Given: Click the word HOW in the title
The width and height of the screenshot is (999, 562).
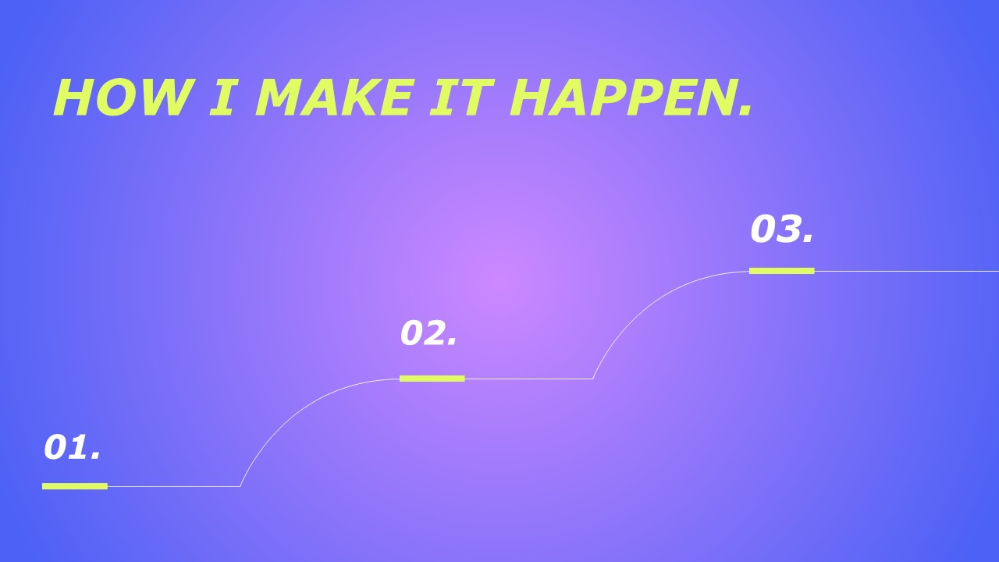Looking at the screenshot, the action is (x=121, y=98).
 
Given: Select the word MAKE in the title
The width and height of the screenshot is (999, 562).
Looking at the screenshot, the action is (x=332, y=98).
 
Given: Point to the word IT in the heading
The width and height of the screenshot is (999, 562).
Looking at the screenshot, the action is (x=462, y=98).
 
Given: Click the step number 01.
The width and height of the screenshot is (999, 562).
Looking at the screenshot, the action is (x=72, y=447).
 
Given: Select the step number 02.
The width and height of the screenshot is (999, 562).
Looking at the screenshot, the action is (x=428, y=333).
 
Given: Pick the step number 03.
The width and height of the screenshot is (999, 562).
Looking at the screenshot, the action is (x=782, y=229).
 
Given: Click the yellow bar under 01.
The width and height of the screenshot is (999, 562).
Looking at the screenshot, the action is (x=75, y=486).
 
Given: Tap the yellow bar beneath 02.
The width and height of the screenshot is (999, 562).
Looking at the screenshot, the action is (x=432, y=379).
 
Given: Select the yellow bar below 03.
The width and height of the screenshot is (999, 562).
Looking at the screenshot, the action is (x=782, y=271).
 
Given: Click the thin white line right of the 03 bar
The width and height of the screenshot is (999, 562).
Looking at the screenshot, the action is (x=907, y=271).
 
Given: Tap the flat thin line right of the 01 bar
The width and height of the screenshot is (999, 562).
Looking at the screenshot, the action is (x=174, y=486).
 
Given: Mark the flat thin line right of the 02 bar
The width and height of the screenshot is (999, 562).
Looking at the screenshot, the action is (x=529, y=379).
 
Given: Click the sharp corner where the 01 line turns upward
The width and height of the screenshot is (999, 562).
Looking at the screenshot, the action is (x=240, y=486).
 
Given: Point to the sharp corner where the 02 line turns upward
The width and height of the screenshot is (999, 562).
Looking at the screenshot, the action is (x=592, y=379).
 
